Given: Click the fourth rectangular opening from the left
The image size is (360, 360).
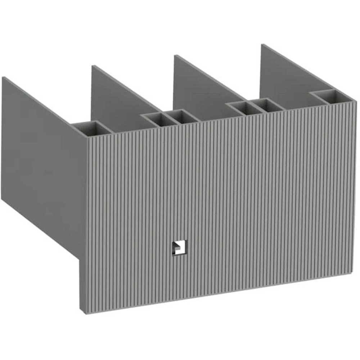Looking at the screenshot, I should [x=242, y=107].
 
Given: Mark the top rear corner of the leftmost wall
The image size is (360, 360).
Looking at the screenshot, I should [x=3, y=77].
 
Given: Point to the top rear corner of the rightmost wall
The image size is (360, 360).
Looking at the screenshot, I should [x=262, y=45].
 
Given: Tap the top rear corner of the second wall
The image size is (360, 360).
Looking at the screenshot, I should [x=93, y=66].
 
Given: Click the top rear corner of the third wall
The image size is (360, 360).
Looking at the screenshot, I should [x=175, y=55].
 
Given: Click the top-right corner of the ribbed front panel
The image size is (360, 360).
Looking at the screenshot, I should [x=356, y=102].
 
